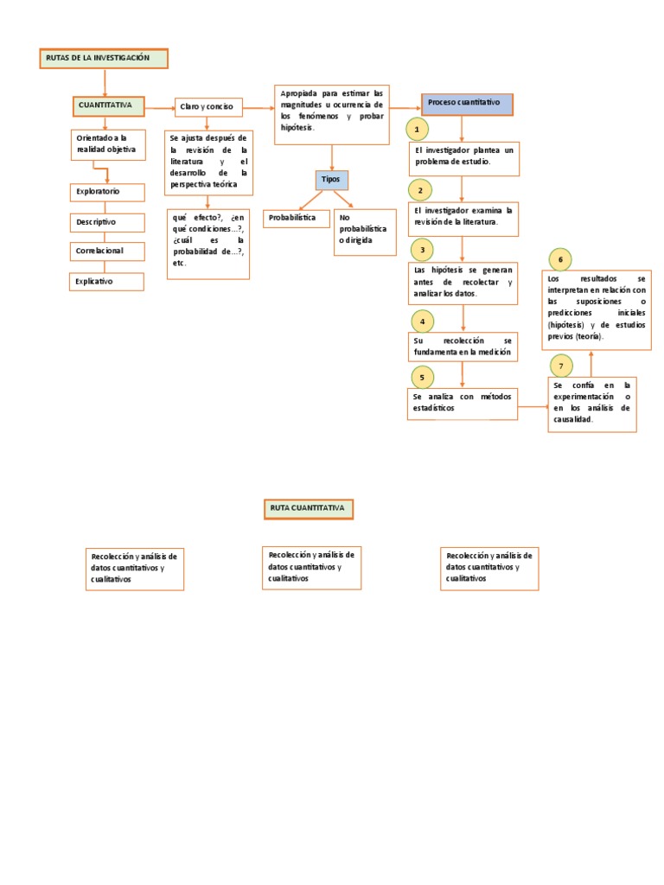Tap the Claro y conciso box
[x=207, y=107]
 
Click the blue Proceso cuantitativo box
[x=467, y=104]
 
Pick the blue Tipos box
[x=331, y=180]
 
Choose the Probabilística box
[x=297, y=218]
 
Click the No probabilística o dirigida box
[x=365, y=232]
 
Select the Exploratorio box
[x=105, y=192]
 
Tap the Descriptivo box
[x=105, y=222]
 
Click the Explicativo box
[x=105, y=282]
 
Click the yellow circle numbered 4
[x=422, y=322]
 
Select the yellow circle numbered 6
[x=560, y=258]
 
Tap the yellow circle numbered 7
[x=561, y=366]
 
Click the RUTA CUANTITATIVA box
[x=308, y=508]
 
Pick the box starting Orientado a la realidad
[x=106, y=144]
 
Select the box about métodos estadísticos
[x=463, y=403]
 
